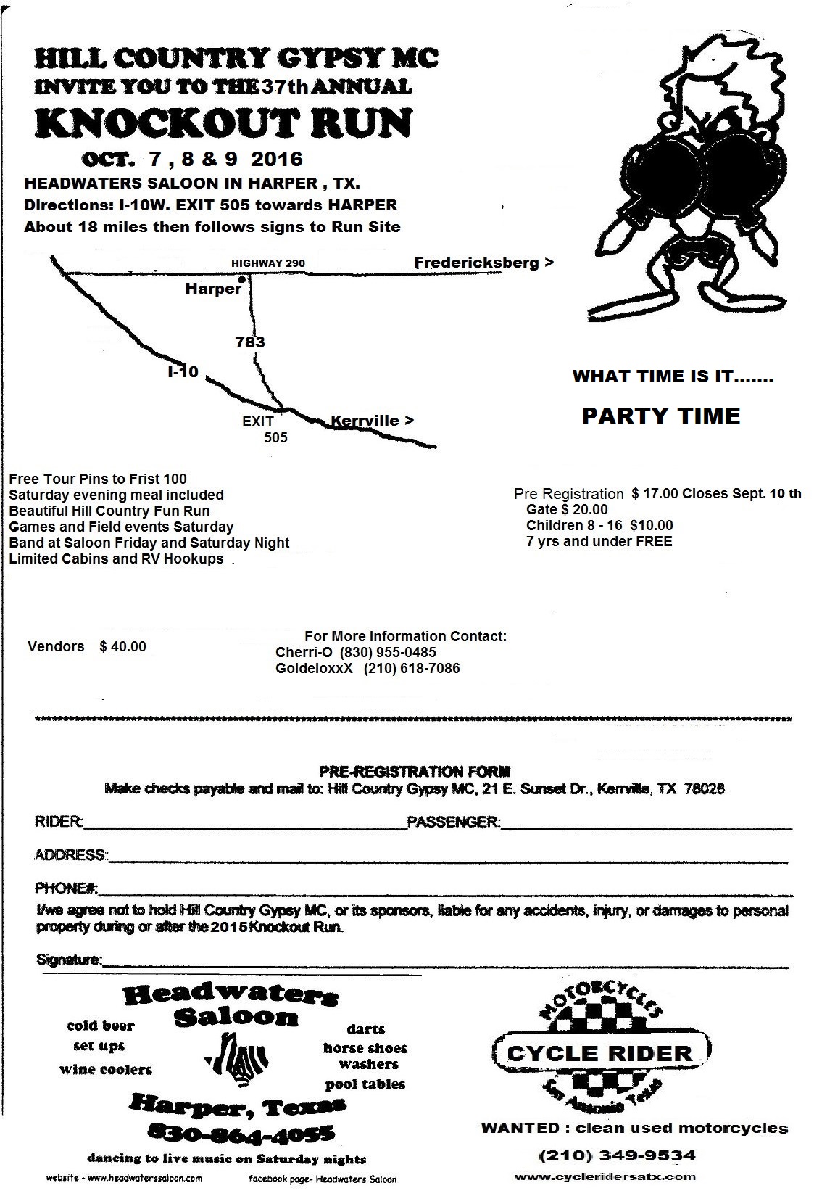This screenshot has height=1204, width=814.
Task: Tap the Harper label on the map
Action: click(x=212, y=289)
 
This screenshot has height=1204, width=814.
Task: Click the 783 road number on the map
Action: click(x=250, y=342)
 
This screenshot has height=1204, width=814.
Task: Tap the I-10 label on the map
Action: click(x=183, y=373)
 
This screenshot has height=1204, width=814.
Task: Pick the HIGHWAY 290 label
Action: click(x=268, y=263)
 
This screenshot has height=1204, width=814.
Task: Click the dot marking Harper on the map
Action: click(x=242, y=278)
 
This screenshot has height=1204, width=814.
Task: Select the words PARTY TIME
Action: click(x=660, y=416)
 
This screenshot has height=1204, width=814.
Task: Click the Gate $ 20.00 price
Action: click(x=567, y=509)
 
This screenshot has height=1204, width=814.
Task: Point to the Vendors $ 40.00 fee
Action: click(x=86, y=646)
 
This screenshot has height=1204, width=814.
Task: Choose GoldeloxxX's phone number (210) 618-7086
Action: click(x=412, y=668)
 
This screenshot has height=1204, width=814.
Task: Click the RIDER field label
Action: click(x=58, y=822)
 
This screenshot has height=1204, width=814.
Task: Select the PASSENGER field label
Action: click(x=453, y=822)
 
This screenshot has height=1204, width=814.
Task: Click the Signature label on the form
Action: click(x=69, y=960)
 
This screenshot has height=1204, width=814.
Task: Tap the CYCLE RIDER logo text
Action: click(x=599, y=1053)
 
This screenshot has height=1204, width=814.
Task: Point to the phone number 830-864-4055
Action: click(x=240, y=1132)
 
